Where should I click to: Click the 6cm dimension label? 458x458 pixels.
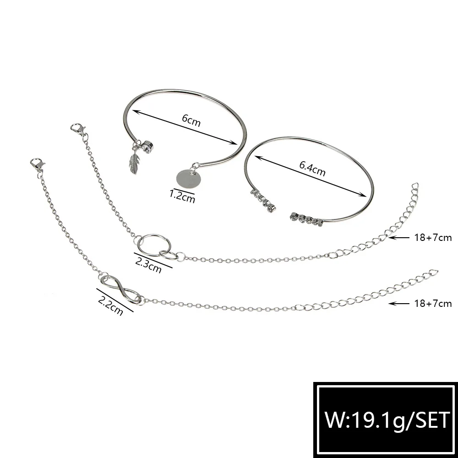coord(191,120)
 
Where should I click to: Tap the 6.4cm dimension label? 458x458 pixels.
coord(312,169)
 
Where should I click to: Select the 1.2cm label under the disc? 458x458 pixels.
coord(182,196)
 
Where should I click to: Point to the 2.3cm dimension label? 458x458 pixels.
coord(148,265)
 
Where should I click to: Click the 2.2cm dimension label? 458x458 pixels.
coord(110,305)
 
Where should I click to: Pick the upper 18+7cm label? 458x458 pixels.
coord(433,238)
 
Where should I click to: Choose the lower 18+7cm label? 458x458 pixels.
coord(433,304)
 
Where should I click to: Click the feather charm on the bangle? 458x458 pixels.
coord(134,162)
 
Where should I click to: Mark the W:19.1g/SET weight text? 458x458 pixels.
coord(387,420)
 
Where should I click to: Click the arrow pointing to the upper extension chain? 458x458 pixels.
coord(399,238)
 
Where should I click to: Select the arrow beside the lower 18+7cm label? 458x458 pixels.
coord(399,304)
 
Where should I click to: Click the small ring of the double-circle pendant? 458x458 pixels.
coord(169,256)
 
